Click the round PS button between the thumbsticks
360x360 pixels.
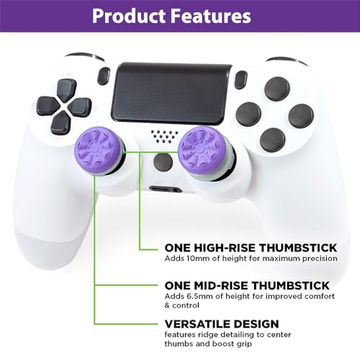point(163,162)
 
